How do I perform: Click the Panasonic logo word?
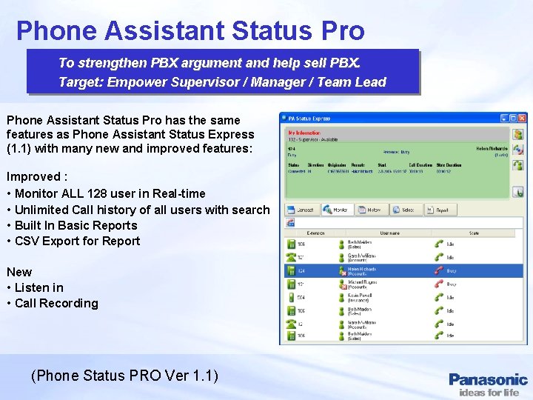(488, 380)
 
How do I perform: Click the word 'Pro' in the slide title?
(341, 30)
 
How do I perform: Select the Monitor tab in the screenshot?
(335, 210)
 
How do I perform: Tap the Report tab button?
(438, 210)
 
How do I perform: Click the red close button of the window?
(523, 118)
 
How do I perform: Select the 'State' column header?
(474, 233)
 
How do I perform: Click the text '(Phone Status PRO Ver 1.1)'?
(124, 376)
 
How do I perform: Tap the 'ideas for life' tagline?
(489, 393)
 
